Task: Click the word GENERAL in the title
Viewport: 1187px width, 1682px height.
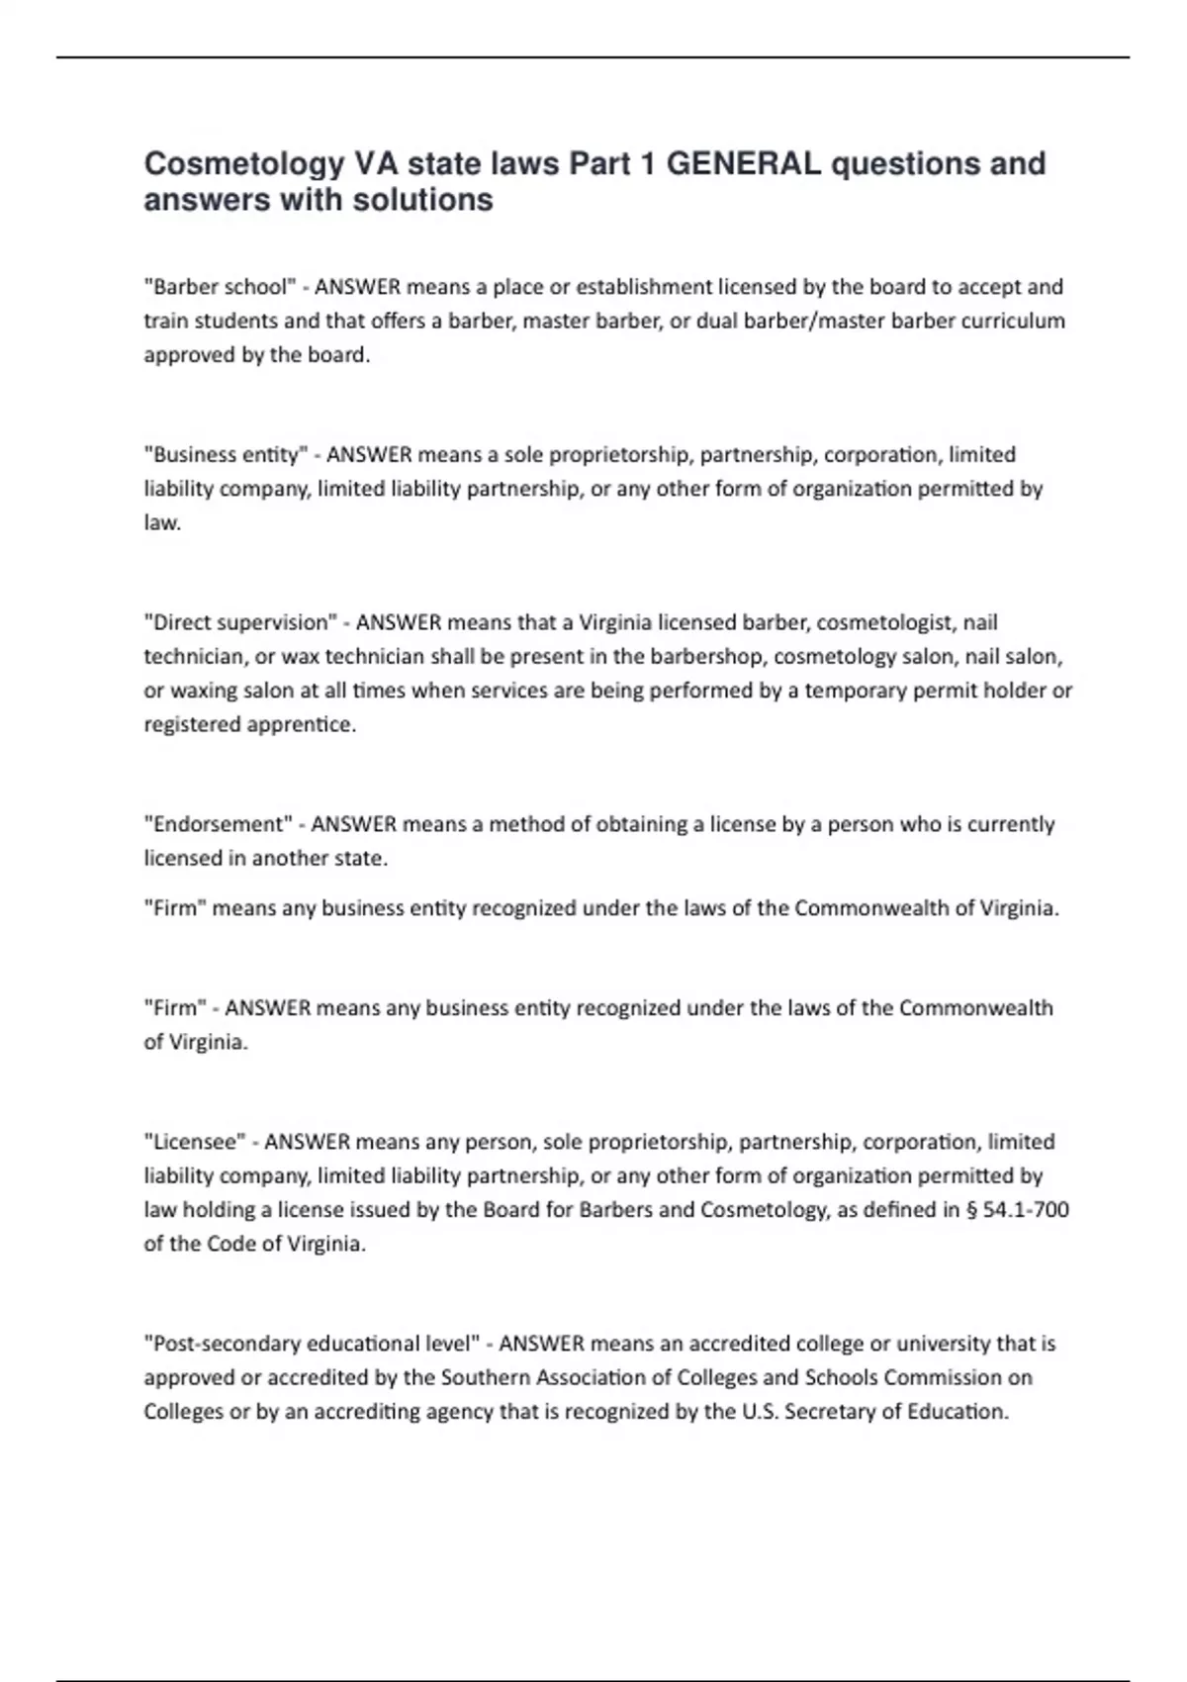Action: click(x=743, y=163)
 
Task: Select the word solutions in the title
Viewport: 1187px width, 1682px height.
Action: click(x=427, y=200)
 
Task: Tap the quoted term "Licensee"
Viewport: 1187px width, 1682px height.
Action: click(x=196, y=1142)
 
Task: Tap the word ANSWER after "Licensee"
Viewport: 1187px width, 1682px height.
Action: click(x=307, y=1142)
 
